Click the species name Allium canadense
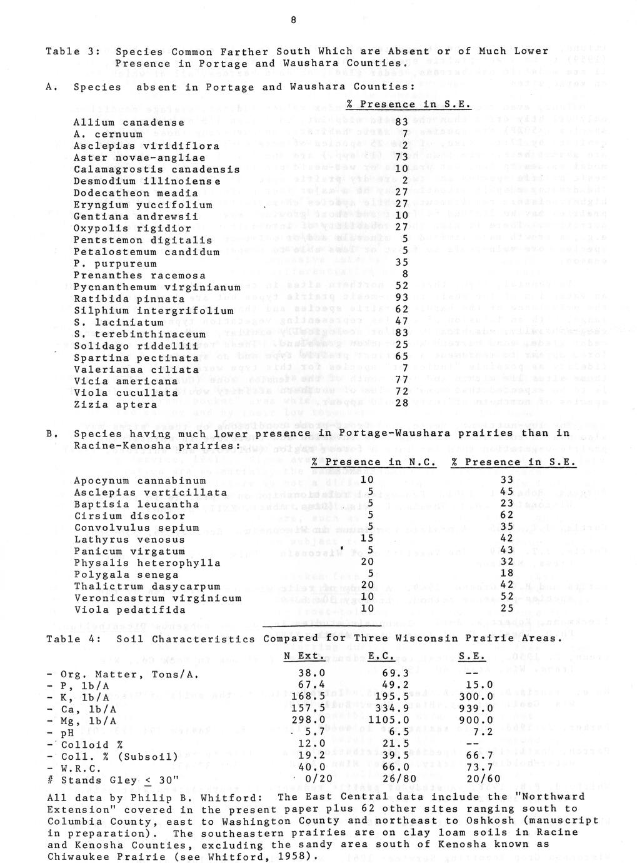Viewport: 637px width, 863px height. (x=129, y=123)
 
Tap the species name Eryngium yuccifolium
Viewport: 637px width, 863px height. (x=143, y=205)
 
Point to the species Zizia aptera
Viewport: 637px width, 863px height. (x=116, y=405)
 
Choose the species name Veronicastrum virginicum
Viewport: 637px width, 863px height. (x=158, y=598)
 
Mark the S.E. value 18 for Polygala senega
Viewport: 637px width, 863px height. (x=507, y=574)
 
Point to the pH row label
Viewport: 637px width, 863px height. (x=62, y=732)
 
